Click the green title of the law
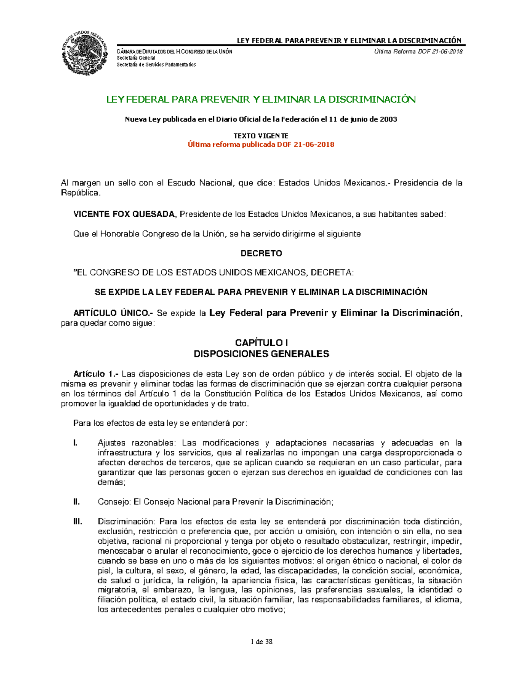point(261,99)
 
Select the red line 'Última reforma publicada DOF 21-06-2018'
point(261,145)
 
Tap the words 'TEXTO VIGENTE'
point(261,136)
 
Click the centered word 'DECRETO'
point(261,253)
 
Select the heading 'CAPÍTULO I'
point(261,343)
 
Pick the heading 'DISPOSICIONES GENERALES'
point(261,354)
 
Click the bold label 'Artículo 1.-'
point(96,374)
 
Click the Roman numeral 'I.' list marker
point(75,443)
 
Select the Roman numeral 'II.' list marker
point(76,502)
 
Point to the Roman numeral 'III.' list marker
point(78,521)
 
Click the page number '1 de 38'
point(261,642)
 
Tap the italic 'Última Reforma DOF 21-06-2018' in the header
point(418,52)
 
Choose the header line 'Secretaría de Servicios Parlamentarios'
point(156,64)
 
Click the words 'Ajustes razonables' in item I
point(136,443)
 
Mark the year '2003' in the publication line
point(388,119)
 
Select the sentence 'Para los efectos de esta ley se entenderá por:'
point(160,423)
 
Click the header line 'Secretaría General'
point(136,58)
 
